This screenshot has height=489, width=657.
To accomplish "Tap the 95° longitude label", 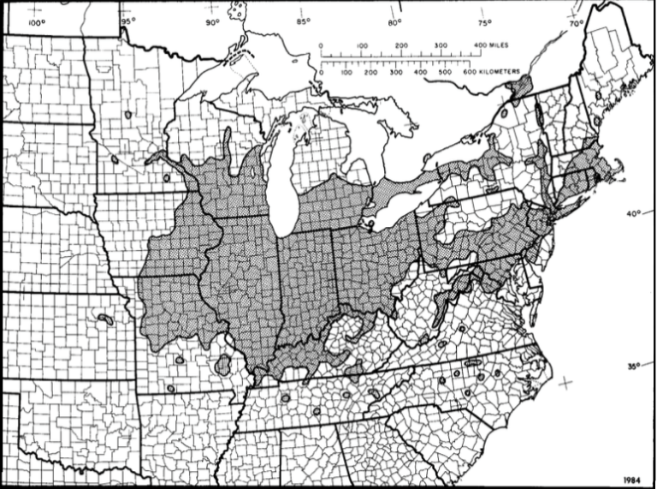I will tap(127, 21).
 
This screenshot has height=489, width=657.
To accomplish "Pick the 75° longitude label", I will tap(484, 23).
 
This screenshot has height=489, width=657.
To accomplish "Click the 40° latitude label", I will tap(632, 214).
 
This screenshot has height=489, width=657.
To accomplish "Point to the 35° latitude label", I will tap(632, 367).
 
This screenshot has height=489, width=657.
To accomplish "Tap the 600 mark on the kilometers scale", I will tap(469, 74).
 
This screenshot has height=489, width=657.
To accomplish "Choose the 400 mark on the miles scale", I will tap(480, 45).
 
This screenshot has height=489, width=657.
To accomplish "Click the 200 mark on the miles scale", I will tap(401, 45).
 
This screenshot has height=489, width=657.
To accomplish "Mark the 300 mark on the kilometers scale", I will tap(394, 74).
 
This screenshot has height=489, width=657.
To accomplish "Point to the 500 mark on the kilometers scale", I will tap(444, 74).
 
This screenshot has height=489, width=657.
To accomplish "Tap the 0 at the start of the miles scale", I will tap(321, 45).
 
